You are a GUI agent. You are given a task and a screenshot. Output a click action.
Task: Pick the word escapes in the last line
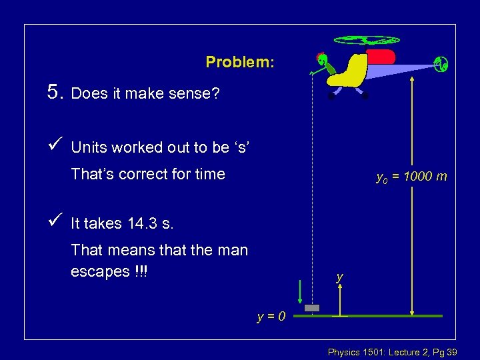(x=99, y=272)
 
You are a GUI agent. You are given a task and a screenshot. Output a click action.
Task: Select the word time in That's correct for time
(x=209, y=175)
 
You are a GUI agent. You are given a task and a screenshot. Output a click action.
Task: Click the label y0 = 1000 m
(x=411, y=177)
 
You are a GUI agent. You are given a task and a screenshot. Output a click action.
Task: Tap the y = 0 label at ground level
(x=272, y=316)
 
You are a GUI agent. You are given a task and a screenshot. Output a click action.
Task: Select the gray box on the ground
(x=312, y=308)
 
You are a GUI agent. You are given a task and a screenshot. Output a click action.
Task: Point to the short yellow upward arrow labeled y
(x=340, y=299)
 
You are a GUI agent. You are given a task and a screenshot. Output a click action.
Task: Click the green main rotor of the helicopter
(x=366, y=40)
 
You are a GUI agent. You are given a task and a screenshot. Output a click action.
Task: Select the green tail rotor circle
(x=441, y=64)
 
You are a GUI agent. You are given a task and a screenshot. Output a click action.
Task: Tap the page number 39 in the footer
(x=450, y=351)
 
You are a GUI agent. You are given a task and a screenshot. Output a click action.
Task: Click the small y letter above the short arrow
(x=340, y=276)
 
